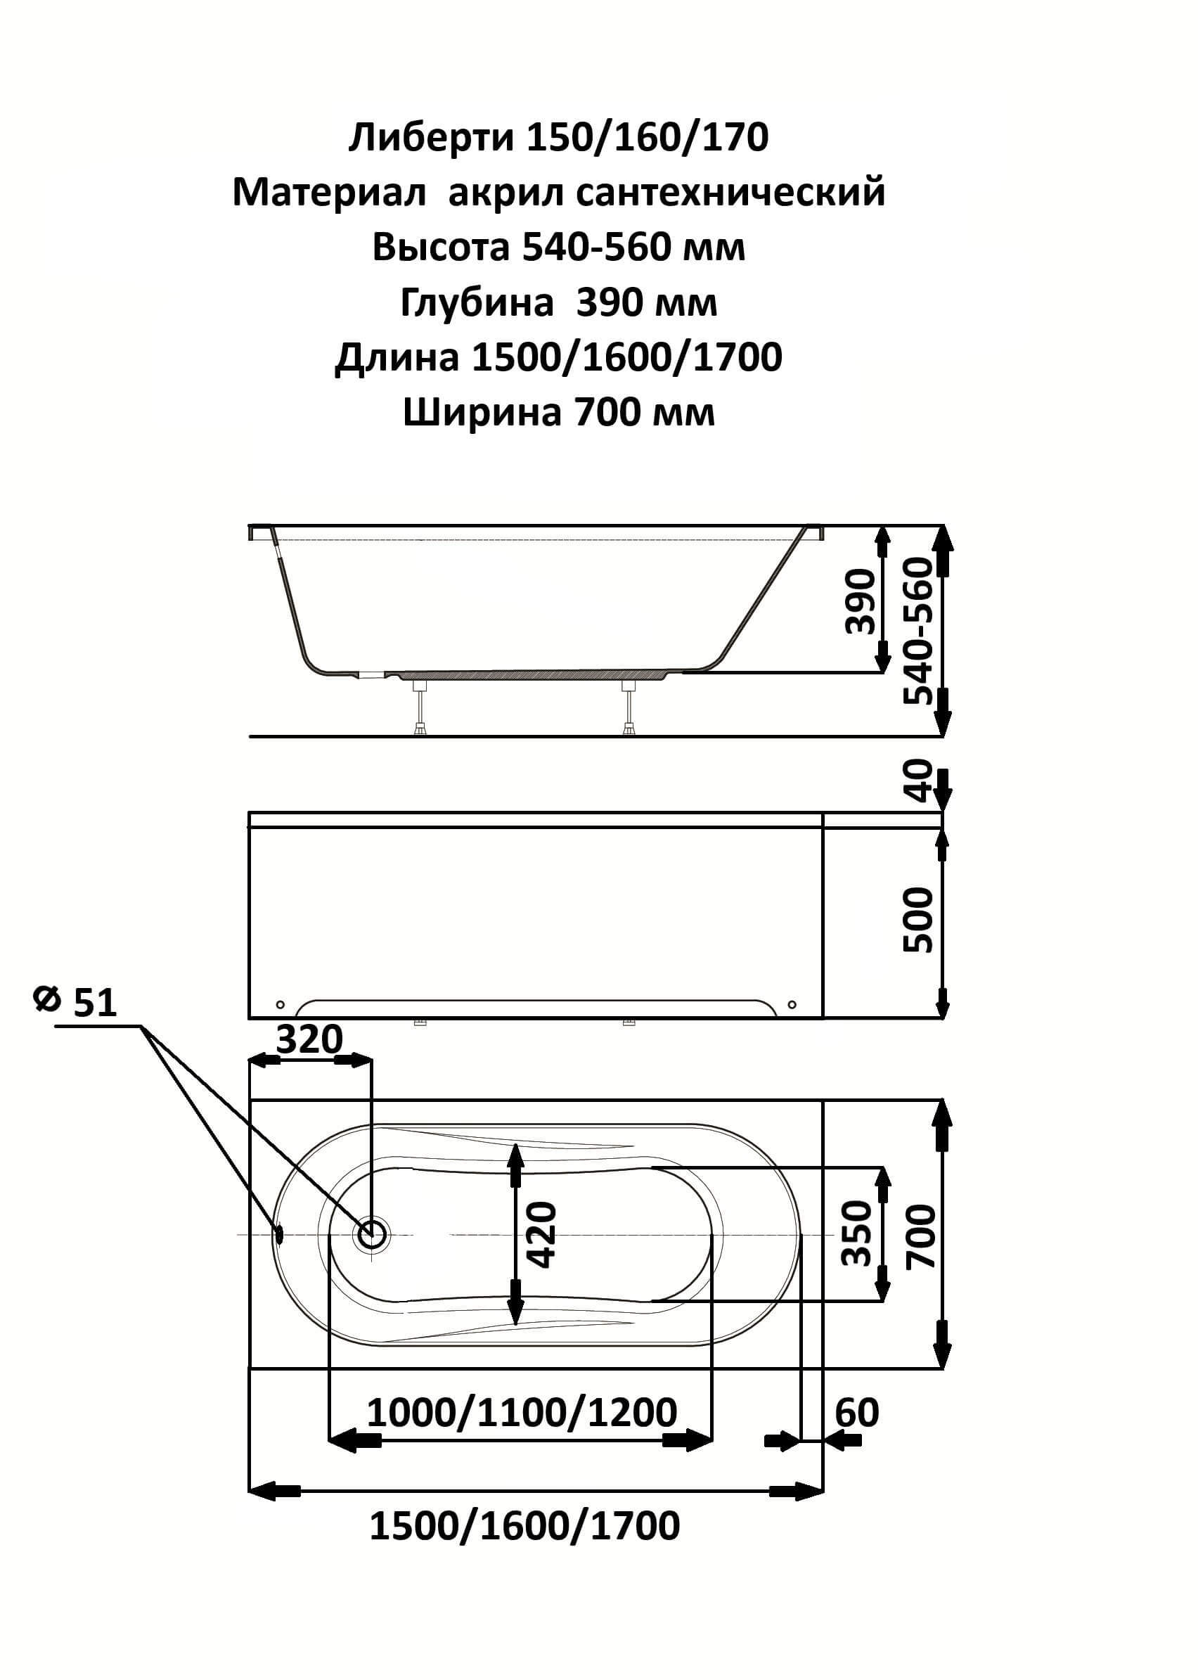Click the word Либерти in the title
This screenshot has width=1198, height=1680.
click(431, 137)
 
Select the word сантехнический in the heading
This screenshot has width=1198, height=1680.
click(730, 192)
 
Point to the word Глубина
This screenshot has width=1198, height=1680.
click(477, 302)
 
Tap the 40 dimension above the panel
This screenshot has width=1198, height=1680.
click(919, 781)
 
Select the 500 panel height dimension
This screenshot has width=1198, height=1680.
click(919, 920)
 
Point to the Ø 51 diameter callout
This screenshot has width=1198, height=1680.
click(75, 1003)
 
